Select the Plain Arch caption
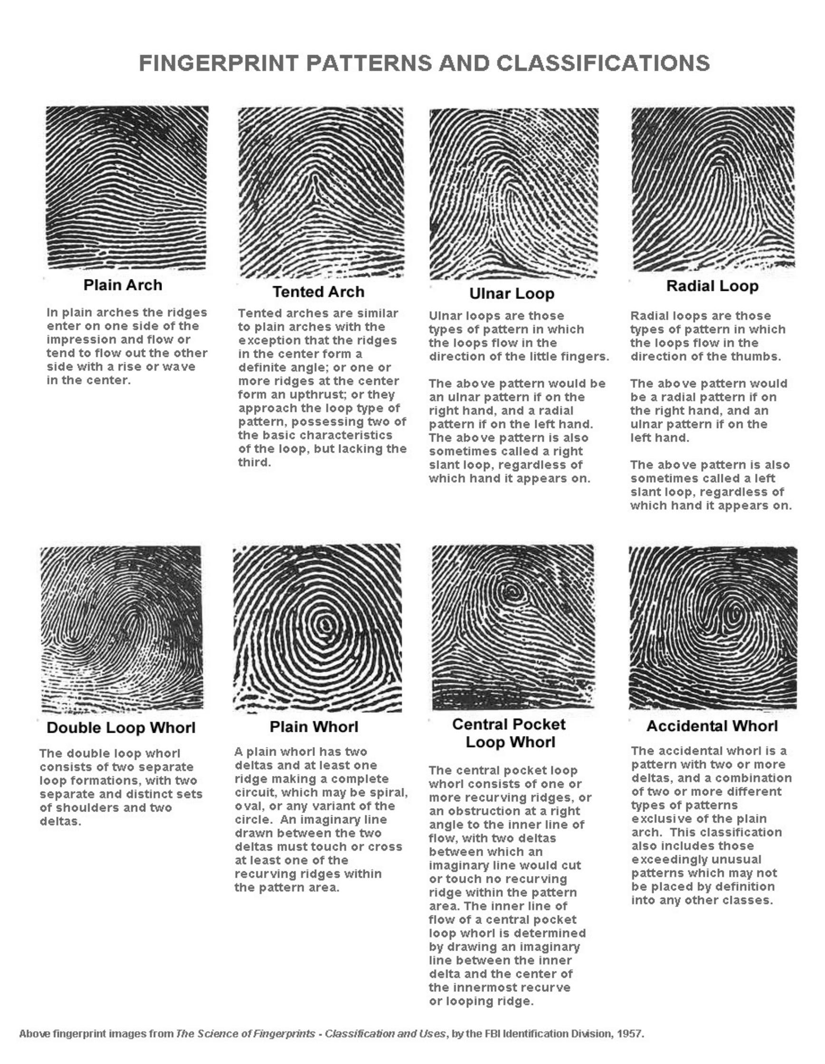point(123,285)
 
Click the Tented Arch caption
point(318,292)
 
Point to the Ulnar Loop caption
point(512,294)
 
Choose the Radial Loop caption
point(712,286)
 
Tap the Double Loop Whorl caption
point(121,728)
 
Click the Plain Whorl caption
point(314,727)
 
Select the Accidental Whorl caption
point(712,727)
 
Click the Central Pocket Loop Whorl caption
point(510,733)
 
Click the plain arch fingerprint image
point(127,187)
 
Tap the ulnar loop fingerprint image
point(513,194)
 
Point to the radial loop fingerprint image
point(712,189)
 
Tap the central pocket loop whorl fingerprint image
point(513,627)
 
